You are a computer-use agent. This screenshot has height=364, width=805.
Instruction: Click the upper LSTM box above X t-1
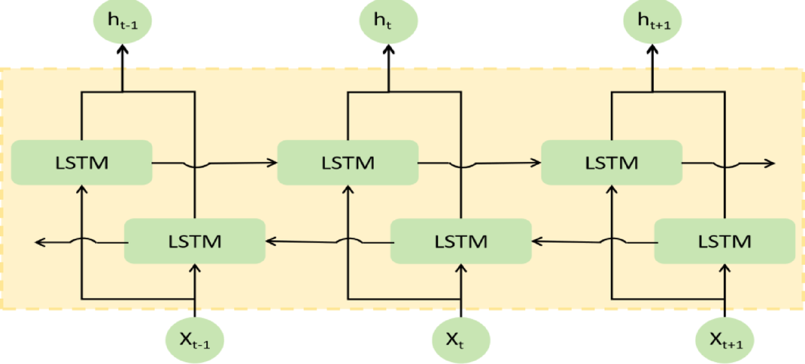pos(82,162)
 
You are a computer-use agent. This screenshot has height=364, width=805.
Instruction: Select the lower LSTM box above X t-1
pos(195,240)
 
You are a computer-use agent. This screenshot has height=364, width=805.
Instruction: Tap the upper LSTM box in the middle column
pos(348,162)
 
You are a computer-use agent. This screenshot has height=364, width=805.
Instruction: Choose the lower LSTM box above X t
pos(461,240)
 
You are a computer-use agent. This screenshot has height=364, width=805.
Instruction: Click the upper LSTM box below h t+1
pos(612,162)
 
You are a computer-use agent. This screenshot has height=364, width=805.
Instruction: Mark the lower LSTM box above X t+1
pos(724,240)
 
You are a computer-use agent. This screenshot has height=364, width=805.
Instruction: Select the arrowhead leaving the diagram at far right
pos(770,163)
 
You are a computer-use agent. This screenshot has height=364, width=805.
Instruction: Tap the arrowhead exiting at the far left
pos(40,241)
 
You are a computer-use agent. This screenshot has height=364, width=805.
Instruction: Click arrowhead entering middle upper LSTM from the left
pos(273,162)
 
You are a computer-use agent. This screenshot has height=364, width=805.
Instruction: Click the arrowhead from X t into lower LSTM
pos(461,267)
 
